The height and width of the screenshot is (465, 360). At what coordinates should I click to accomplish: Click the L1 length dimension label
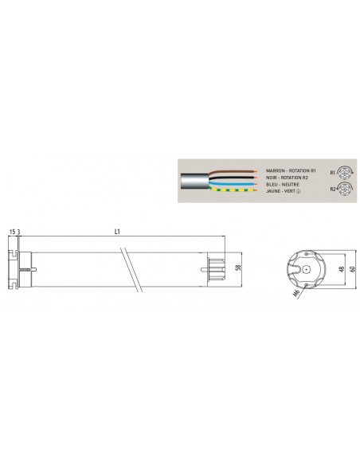117,232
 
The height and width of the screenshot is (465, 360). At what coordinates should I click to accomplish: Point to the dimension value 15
14,232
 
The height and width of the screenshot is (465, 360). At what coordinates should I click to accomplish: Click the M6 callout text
296,293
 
